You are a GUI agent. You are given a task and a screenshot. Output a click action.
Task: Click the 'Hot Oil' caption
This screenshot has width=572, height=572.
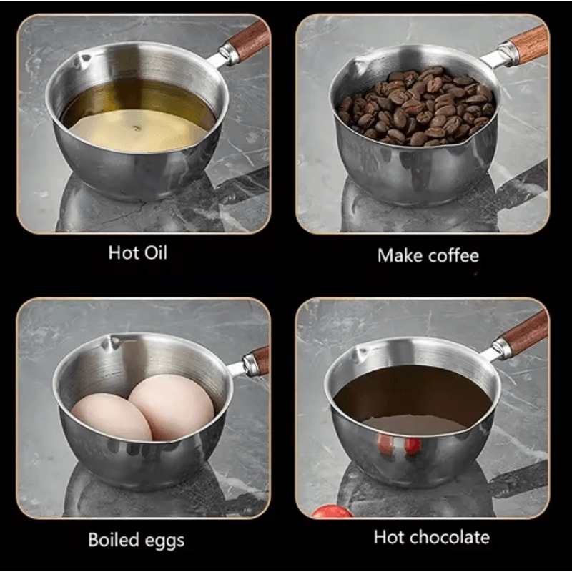[138, 252]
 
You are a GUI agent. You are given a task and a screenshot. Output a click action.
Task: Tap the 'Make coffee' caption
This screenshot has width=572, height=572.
[428, 255]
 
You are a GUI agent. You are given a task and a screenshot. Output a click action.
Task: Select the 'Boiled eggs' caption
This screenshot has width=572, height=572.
[136, 539]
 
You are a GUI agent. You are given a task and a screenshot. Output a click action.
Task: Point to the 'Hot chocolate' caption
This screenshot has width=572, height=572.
[431, 536]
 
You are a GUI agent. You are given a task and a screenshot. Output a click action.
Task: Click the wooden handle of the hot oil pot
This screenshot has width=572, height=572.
[250, 42]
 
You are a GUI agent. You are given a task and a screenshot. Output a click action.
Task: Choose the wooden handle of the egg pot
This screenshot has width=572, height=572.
[258, 361]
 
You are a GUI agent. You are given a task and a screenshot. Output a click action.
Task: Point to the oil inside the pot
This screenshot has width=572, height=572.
[139, 118]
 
